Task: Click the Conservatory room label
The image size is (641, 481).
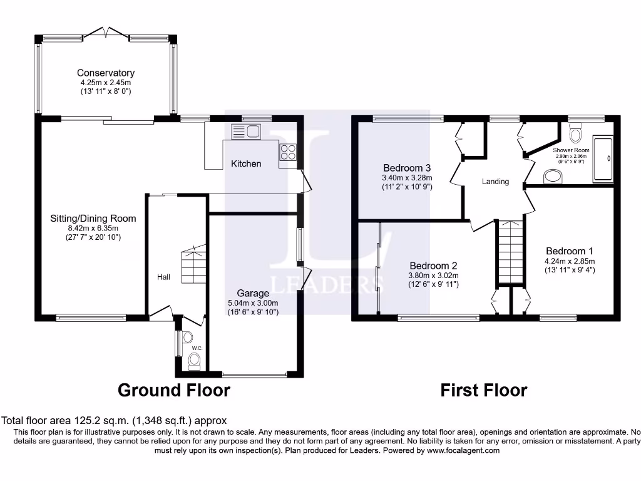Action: click(x=105, y=73)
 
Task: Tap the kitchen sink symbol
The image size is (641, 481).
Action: click(x=245, y=132)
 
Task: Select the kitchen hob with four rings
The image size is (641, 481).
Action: click(x=288, y=152)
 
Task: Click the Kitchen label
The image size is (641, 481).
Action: click(x=246, y=163)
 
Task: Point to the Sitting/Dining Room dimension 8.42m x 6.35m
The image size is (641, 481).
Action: click(x=93, y=228)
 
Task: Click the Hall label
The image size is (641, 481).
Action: click(x=163, y=277)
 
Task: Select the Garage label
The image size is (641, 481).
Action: click(x=253, y=293)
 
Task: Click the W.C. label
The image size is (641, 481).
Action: click(x=197, y=348)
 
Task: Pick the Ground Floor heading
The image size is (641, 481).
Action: click(x=174, y=390)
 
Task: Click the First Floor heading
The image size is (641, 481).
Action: click(x=484, y=390)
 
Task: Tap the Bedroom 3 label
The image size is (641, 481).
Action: click(x=407, y=168)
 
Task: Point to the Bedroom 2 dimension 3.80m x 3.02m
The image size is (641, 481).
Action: click(x=433, y=276)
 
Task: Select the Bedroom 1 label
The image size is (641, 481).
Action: click(x=570, y=251)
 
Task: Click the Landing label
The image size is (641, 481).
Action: click(x=496, y=181)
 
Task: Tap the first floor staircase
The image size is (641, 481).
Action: click(x=510, y=252)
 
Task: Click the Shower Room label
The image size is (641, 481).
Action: click(x=571, y=150)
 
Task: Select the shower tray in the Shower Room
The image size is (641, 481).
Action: click(x=603, y=159)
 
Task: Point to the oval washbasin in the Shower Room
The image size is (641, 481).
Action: click(x=553, y=177)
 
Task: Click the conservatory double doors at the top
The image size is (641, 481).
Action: click(x=106, y=33)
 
